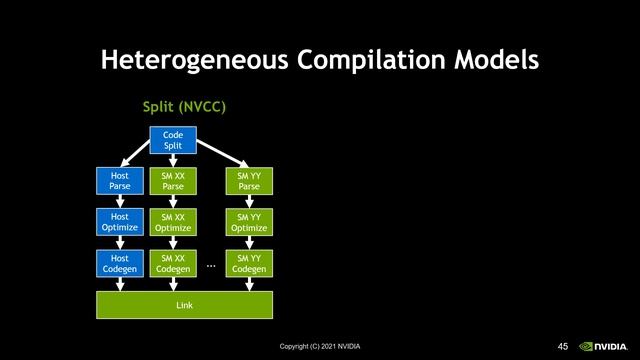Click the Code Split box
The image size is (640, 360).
[x=174, y=140]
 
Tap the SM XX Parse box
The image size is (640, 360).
[x=173, y=181]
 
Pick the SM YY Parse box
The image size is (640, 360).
[x=249, y=181]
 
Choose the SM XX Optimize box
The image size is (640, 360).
[x=173, y=222]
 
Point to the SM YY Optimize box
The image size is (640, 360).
[x=249, y=222]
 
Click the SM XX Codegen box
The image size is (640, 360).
[x=173, y=263]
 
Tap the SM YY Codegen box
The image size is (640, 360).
[x=249, y=263]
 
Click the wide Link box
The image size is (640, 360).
[x=184, y=304]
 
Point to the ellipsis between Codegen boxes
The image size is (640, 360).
[x=211, y=266]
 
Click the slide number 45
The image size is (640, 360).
[x=563, y=346]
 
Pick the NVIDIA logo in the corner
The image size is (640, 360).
[x=604, y=346]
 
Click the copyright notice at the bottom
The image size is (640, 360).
[x=320, y=346]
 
